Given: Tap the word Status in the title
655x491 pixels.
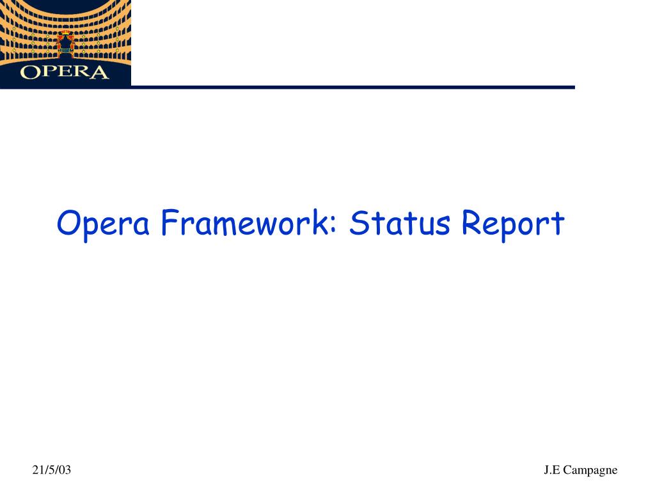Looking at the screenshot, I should point(402,223).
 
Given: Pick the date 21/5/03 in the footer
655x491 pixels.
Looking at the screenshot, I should point(52,471).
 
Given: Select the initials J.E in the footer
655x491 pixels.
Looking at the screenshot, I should point(552,471).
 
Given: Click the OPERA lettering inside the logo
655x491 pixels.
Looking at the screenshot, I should point(64,72).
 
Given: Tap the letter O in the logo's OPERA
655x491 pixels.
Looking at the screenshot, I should point(29,72).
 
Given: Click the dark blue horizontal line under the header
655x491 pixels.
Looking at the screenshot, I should point(352,87).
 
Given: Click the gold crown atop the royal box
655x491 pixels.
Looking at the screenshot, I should point(65,33).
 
